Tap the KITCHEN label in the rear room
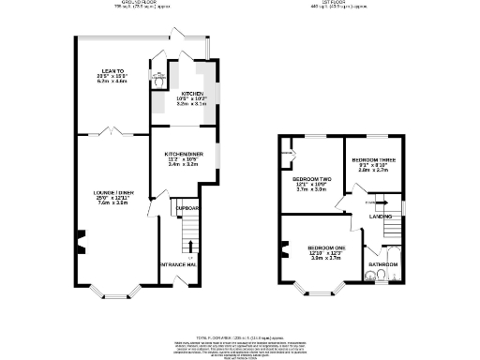[192, 95]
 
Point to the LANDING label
[381, 217]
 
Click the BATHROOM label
[383, 265]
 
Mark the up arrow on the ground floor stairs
[190, 256]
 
